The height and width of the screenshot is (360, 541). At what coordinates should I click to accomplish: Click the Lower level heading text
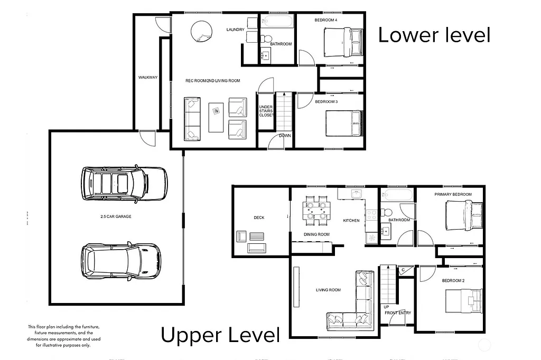pyautogui.click(x=434, y=35)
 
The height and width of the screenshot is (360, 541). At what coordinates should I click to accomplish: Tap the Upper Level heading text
pyautogui.click(x=220, y=335)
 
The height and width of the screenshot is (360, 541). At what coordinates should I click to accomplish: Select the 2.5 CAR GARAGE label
pyautogui.click(x=116, y=217)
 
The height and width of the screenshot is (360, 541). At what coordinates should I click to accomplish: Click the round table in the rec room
pyautogui.click(x=201, y=30)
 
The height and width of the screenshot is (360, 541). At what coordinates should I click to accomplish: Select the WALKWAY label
pyautogui.click(x=148, y=78)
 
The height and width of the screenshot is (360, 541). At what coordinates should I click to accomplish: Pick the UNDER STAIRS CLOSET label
pyautogui.click(x=266, y=111)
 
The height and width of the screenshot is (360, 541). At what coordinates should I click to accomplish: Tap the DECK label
pyautogui.click(x=259, y=217)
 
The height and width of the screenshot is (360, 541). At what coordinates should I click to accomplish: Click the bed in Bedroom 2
pyautogui.click(x=464, y=301)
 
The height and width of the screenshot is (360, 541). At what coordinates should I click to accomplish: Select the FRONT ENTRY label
pyautogui.click(x=398, y=313)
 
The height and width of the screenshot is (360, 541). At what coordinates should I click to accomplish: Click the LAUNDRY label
pyautogui.click(x=235, y=30)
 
